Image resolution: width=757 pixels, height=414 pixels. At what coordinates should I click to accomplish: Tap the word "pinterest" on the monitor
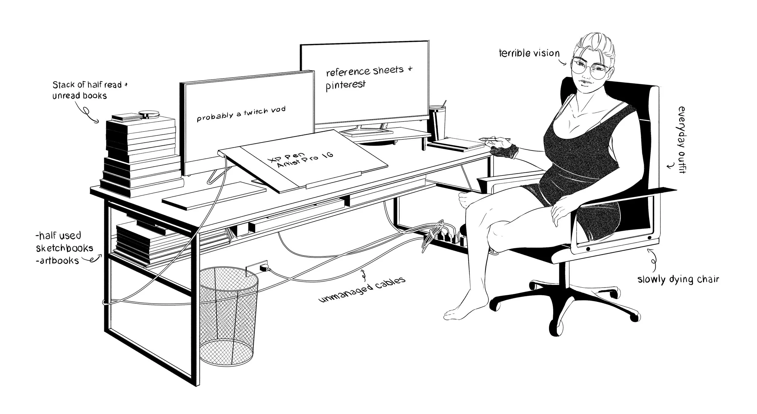(x=345, y=85)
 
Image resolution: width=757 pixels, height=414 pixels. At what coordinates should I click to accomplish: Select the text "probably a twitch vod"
(x=241, y=114)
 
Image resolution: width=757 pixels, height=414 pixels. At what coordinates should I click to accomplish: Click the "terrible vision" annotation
(x=529, y=53)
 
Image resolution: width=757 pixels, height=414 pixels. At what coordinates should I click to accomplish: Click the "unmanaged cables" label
(x=362, y=290)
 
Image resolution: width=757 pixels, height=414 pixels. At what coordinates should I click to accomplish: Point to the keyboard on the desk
(x=214, y=195)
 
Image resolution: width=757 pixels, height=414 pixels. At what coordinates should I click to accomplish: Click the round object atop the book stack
(x=149, y=115)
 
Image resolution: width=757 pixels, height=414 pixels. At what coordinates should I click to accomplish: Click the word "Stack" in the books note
(x=64, y=85)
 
